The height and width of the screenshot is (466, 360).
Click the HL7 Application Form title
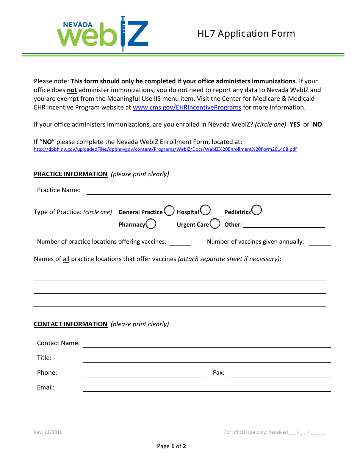[246, 34]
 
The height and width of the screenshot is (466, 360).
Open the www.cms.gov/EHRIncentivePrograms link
[187, 107]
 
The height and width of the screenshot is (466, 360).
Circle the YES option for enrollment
[295, 124]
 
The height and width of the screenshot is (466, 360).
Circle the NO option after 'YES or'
[317, 124]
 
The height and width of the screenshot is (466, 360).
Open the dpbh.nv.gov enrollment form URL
[165, 149]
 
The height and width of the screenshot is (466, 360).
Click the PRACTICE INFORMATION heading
[70, 174]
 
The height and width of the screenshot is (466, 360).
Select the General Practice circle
[169, 210]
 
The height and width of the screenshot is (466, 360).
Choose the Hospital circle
[205, 210]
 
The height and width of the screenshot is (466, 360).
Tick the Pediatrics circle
[257, 210]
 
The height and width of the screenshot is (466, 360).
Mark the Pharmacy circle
[151, 224]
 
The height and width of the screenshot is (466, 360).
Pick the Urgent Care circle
[215, 224]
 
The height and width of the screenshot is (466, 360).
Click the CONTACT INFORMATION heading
[70, 324]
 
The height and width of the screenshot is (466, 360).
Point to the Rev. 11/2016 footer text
[48, 432]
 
